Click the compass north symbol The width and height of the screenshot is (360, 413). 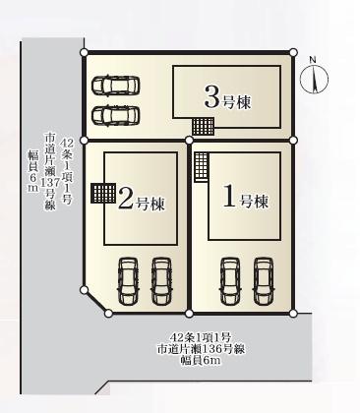[314, 79]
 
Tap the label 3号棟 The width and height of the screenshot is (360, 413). [227, 97]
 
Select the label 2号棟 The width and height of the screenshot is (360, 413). [141, 200]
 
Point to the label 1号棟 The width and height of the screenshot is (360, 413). [245, 197]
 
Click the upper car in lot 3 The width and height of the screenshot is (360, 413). [116, 86]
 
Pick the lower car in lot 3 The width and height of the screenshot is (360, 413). [116, 116]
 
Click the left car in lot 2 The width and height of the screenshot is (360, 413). [128, 281]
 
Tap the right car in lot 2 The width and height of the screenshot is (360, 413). [161, 281]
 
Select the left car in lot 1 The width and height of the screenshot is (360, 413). [230, 281]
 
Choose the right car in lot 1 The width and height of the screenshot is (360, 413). [264, 281]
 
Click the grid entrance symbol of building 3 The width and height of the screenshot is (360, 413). [204, 127]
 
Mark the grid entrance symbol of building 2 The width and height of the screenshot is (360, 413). [103, 194]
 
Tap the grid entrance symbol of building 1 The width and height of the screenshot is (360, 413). [201, 167]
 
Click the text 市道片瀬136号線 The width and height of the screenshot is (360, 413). [201, 349]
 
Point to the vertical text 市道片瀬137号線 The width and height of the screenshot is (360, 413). [50, 171]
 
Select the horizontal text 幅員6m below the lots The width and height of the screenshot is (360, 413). [201, 360]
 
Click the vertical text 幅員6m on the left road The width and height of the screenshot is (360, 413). [33, 171]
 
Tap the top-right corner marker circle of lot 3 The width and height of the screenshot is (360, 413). [294, 52]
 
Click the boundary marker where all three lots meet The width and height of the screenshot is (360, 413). [189, 141]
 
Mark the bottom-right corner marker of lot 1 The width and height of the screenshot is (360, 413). [293, 314]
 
